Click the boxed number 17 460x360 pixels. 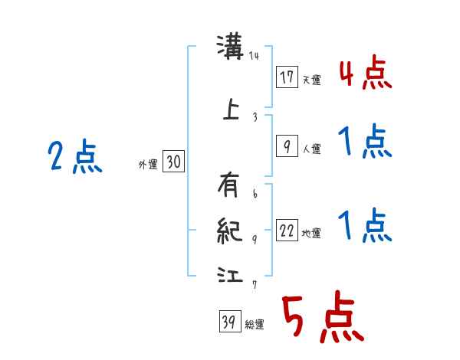tap(287, 77)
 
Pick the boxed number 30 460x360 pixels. tap(173, 162)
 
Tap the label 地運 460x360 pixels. tap(310, 234)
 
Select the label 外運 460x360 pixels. tap(147, 164)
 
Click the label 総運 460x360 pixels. tap(254, 325)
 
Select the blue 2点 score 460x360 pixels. tap(75, 159)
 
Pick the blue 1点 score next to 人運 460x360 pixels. tap(365, 143)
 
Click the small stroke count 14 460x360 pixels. tap(255, 56)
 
